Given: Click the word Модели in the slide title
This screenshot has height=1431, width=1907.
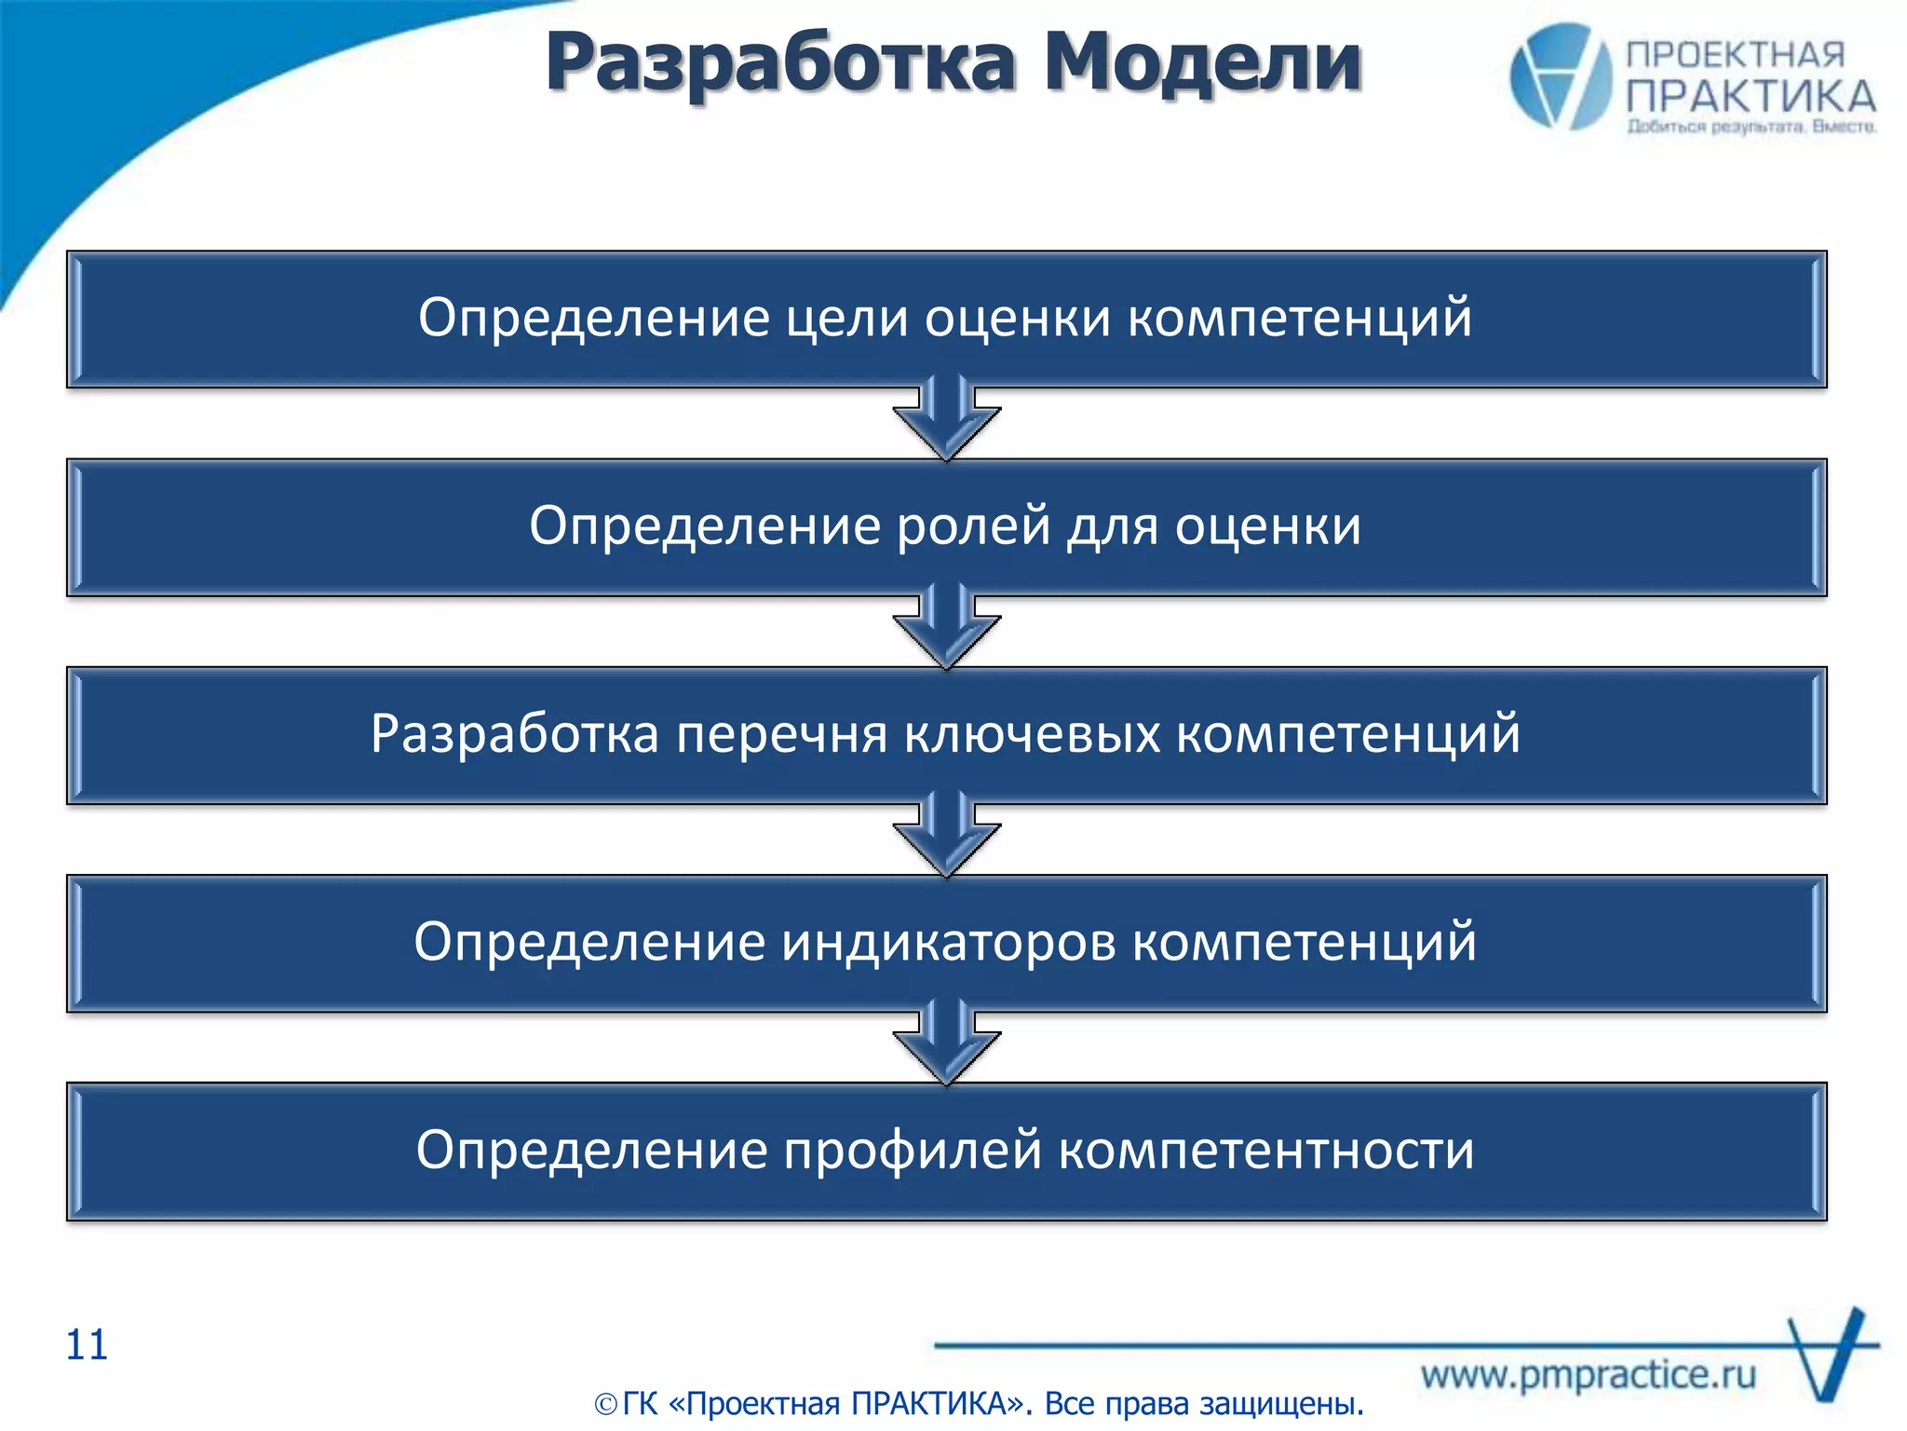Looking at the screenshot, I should point(1203,63).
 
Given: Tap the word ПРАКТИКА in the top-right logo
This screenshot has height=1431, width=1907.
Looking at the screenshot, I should point(1751,96).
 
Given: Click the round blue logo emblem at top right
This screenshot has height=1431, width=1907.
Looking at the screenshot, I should point(1560,76).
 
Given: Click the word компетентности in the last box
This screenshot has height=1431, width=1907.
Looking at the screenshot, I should point(1266,1150).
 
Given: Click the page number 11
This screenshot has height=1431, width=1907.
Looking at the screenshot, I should point(87,1345).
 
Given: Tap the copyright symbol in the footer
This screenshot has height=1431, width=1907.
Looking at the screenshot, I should point(605,1404).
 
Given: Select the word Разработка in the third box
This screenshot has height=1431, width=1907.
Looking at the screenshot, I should point(515,733).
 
